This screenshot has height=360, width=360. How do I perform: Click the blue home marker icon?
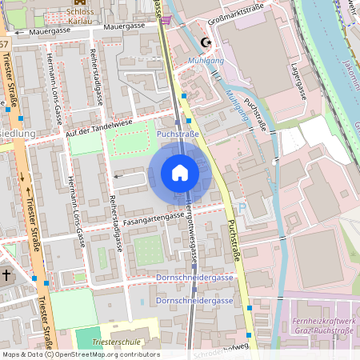tap(179, 173)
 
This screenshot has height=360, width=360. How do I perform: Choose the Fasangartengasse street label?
tap(154, 217)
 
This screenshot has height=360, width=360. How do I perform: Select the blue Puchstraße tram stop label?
tap(178, 134)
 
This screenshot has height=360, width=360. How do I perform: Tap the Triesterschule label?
tap(117, 342)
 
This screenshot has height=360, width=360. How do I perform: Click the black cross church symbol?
tap(6, 275)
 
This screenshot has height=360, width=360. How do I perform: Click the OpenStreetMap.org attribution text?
tap(97, 354)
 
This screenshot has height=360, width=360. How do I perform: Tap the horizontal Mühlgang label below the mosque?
tap(206, 61)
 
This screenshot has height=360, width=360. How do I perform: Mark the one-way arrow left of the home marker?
tap(120, 175)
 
